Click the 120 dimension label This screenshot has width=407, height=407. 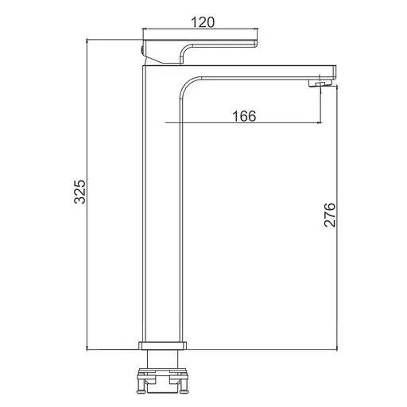[203, 22]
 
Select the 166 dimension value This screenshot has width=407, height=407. [244, 116]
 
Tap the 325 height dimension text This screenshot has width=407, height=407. [79, 192]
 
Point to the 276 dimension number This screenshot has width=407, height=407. [330, 215]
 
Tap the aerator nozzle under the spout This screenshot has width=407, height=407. [320, 84]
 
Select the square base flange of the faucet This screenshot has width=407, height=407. [162, 346]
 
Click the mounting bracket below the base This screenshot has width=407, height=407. [162, 375]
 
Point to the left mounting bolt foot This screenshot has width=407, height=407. [141, 392]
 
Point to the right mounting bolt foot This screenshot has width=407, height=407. [184, 392]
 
